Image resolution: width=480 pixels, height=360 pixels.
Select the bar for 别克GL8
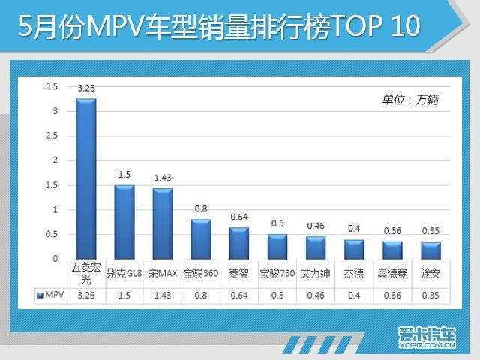point(124,222)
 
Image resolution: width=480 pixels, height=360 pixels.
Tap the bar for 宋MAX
point(163,223)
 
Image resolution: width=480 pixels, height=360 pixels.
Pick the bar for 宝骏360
point(201,239)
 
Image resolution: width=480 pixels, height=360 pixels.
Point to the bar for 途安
point(431,250)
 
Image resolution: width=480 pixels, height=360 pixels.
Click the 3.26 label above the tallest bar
point(85,88)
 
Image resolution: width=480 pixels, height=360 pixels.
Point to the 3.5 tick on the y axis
point(52,87)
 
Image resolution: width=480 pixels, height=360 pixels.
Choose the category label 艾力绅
point(316,272)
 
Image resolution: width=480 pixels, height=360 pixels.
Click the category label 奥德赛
point(392,272)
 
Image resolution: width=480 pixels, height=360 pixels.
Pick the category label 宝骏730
point(277,272)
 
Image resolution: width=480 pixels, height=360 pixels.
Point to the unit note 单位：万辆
point(412,98)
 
